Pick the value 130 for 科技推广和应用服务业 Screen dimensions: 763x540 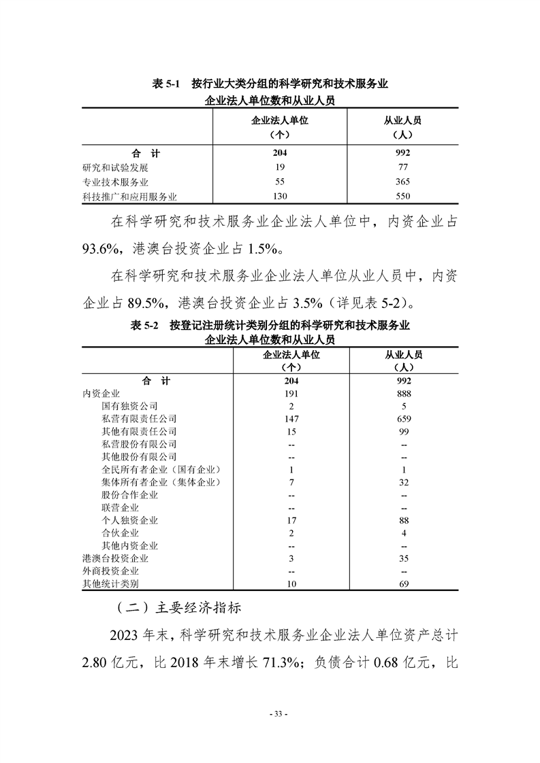pos(280,197)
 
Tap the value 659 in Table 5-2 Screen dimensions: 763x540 pos(404,419)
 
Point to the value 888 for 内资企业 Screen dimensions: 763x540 pos(404,394)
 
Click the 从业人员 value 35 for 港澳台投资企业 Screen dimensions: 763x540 pos(404,558)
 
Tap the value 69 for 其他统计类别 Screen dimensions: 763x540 pos(404,583)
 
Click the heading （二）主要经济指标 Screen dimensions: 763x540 pos(175,606)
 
